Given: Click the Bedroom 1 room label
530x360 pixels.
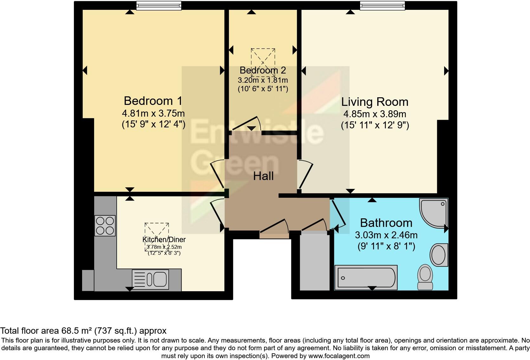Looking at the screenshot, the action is [x=153, y=101].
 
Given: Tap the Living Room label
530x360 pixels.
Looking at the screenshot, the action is [x=375, y=102].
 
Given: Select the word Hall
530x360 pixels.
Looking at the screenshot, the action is [x=263, y=176].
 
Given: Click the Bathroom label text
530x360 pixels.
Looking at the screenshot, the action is [x=386, y=223].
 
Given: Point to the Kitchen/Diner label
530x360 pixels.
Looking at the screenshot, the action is [x=164, y=240].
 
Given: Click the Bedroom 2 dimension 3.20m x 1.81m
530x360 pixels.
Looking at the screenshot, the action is [x=263, y=80].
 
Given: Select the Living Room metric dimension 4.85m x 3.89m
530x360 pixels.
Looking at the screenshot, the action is [x=375, y=114].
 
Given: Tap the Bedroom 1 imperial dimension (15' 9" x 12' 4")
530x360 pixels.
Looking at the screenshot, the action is [x=153, y=124].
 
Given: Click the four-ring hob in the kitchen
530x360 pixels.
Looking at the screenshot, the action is [x=105, y=226].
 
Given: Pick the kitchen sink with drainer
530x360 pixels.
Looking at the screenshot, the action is [x=150, y=279].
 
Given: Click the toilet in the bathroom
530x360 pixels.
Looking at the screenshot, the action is [x=425, y=277].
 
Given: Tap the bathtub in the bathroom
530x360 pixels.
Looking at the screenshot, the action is [x=366, y=278].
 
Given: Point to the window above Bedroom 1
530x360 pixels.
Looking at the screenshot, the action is [x=159, y=6].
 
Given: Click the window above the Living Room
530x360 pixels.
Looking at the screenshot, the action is [x=382, y=6].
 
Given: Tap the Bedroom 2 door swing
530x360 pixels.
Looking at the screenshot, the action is [x=247, y=123].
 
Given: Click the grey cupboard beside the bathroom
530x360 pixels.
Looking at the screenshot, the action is [x=315, y=262].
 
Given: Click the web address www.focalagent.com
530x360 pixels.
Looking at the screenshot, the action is [x=339, y=356].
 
